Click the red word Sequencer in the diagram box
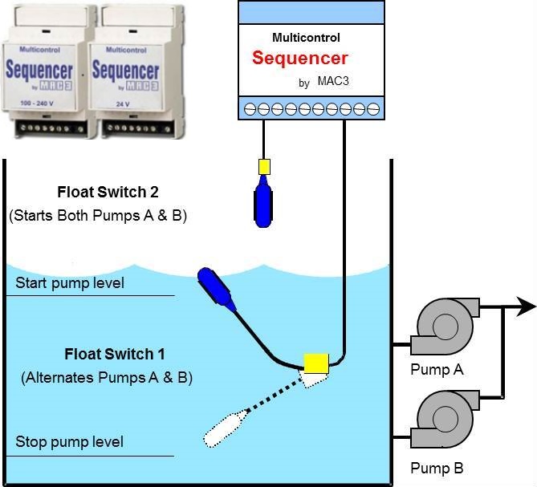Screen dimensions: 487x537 [x=299, y=59]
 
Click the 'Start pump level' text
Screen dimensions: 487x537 [x=70, y=283]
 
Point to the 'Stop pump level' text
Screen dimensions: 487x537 [x=69, y=442]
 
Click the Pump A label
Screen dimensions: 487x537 [x=437, y=370]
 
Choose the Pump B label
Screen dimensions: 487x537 [x=437, y=468]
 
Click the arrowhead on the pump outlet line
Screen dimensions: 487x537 [x=526, y=306]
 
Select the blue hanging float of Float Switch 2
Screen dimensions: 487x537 [x=262, y=201]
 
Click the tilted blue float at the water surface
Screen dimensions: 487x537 [x=216, y=290]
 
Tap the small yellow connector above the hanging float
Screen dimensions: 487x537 [x=262, y=167]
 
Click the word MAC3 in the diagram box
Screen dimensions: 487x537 [x=332, y=83]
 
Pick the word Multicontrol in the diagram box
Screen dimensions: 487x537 [x=306, y=38]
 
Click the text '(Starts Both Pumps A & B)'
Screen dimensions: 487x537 [x=98, y=216]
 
